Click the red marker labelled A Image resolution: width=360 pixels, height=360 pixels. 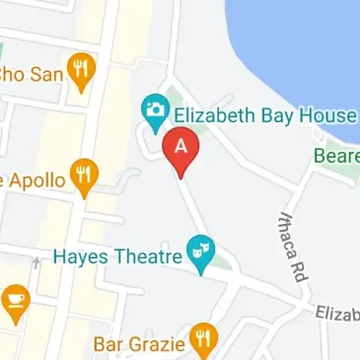181,149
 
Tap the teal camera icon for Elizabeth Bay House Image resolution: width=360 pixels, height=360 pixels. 155,113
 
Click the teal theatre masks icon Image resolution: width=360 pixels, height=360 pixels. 201,254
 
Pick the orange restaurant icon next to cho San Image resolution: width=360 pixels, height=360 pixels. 79,68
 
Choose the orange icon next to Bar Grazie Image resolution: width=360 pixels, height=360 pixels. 203,341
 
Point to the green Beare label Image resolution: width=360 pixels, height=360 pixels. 335,156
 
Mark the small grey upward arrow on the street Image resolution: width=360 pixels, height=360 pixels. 36,261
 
